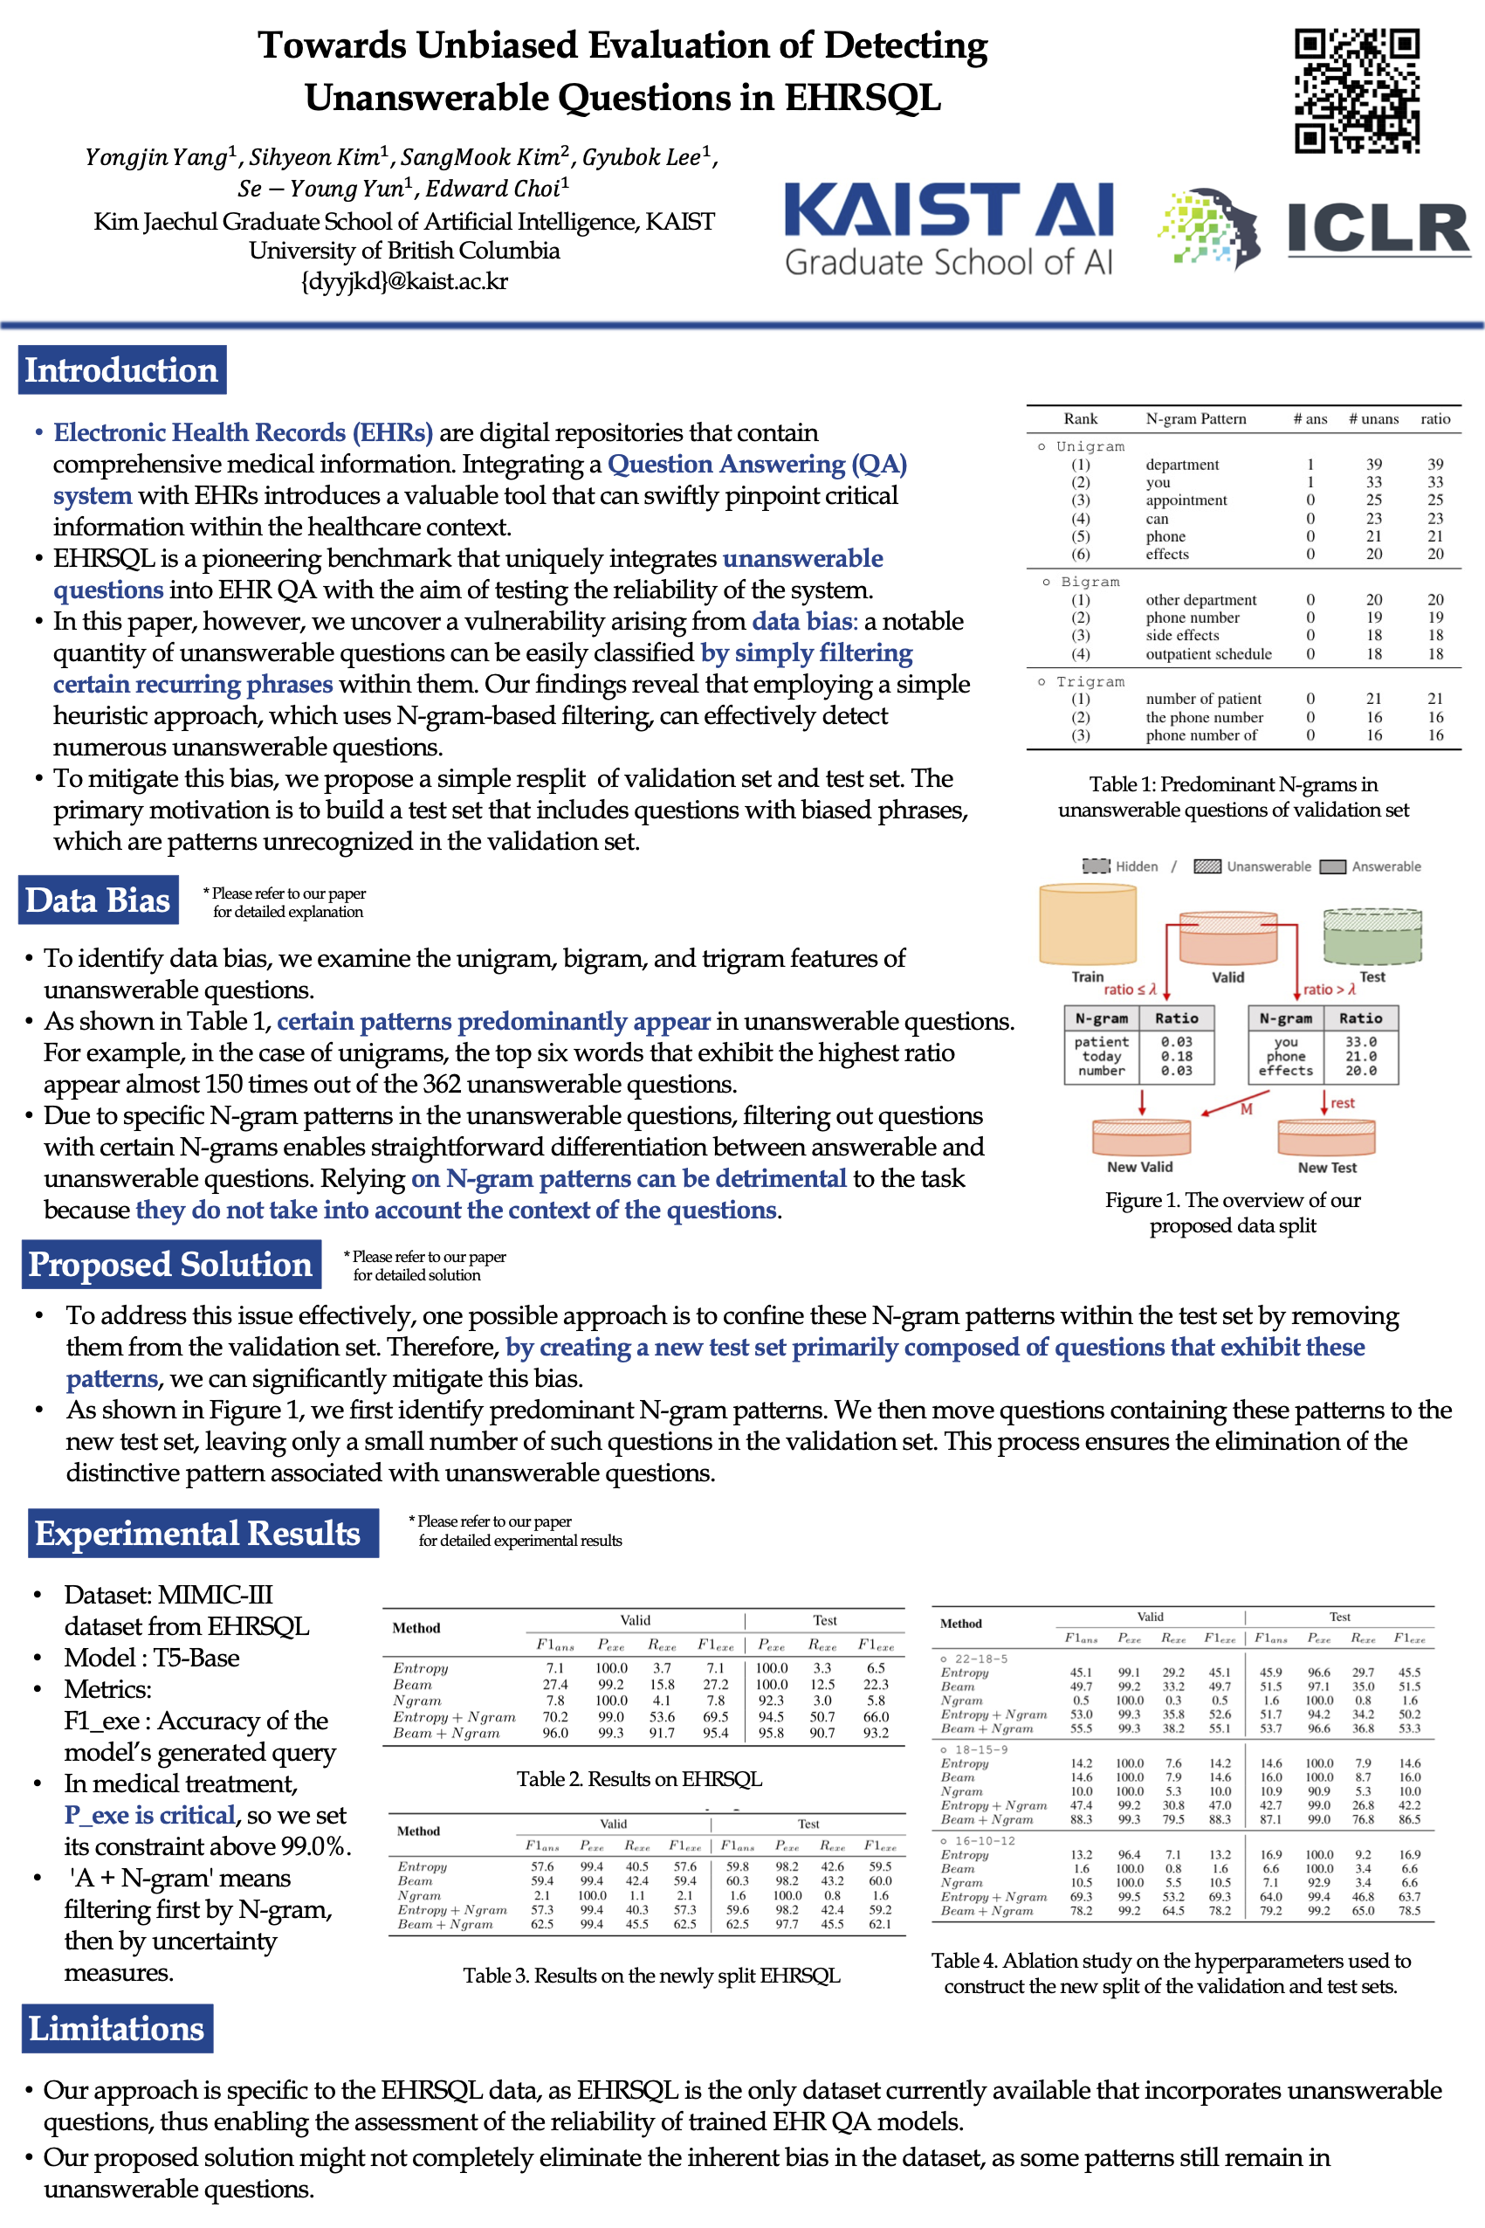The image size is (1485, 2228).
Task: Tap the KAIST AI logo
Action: point(948,228)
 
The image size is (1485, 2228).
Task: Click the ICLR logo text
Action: point(1377,228)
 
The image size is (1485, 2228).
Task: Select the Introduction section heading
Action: point(122,369)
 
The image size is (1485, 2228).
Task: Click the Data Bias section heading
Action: point(98,900)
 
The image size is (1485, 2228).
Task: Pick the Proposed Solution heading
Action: point(170,1264)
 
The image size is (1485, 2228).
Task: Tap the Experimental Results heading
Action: point(198,1533)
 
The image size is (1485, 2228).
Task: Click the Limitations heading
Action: point(116,2028)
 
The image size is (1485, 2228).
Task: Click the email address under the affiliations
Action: point(404,281)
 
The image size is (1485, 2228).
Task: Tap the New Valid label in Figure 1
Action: point(1139,1167)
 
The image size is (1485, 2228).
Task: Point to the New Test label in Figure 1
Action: point(1326,1168)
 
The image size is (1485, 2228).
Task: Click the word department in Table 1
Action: point(1182,464)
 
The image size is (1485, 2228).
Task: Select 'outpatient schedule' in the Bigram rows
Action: point(1207,653)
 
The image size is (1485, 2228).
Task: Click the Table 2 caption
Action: point(638,1779)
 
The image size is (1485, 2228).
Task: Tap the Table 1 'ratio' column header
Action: point(1435,418)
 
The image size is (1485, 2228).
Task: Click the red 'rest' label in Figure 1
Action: point(1342,1102)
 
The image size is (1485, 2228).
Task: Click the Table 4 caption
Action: point(1171,1973)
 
